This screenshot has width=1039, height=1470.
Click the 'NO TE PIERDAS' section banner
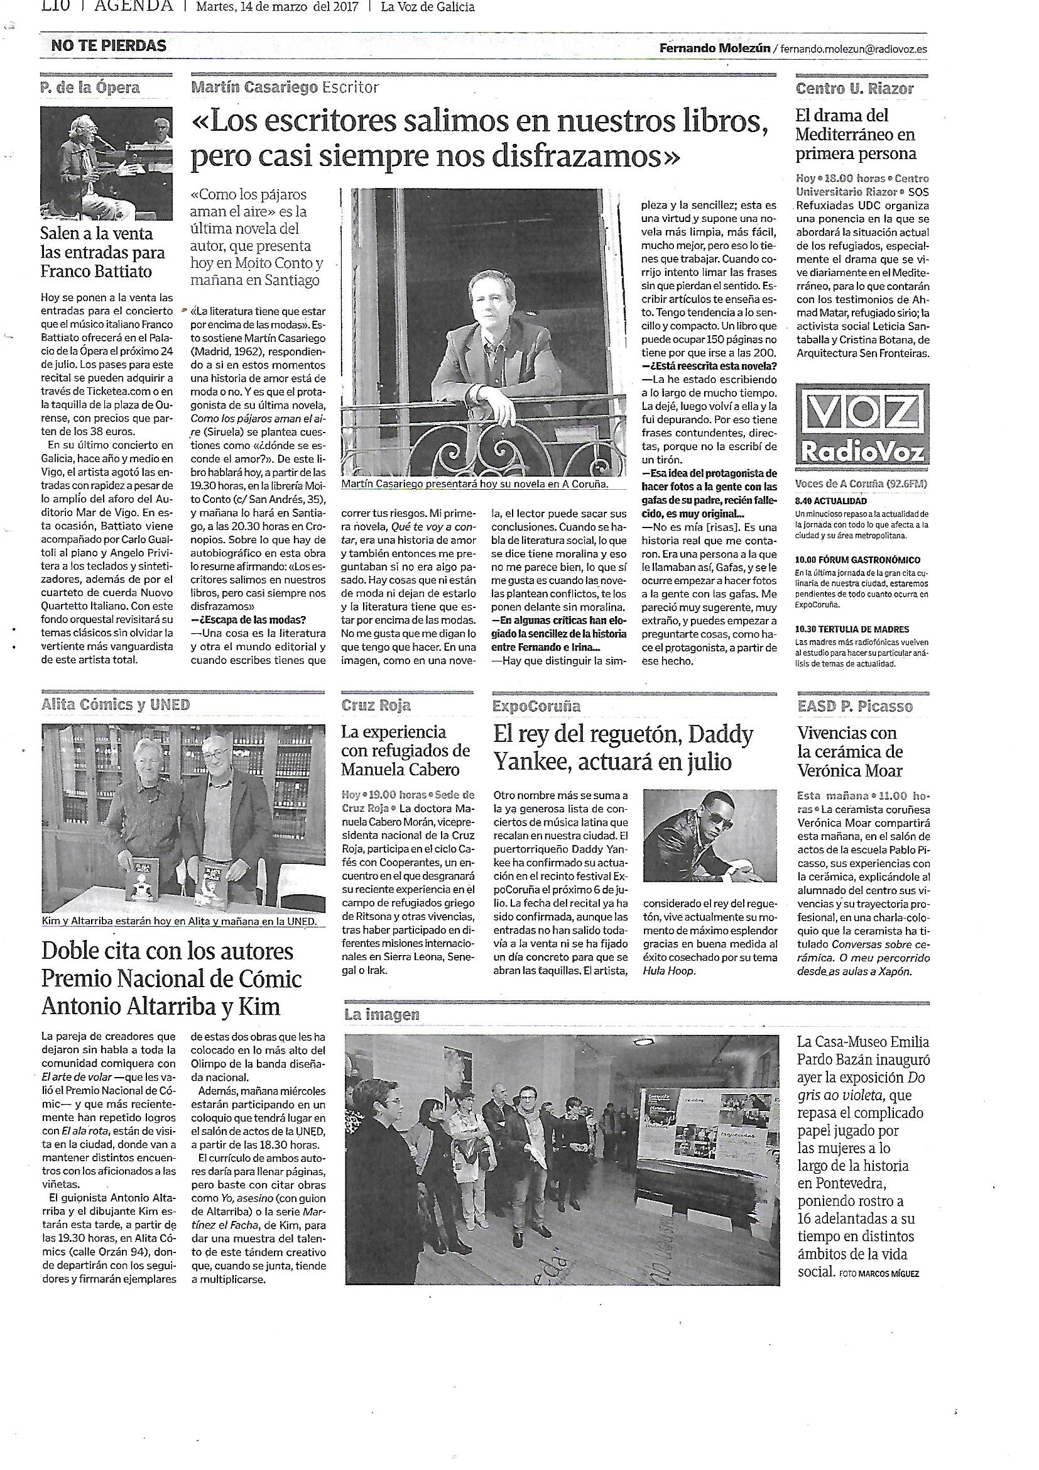tap(109, 46)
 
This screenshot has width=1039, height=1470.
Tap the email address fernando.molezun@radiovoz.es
tap(853, 48)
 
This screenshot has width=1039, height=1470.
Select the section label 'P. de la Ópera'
tap(90, 88)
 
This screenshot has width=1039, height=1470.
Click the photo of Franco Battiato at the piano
tap(106, 163)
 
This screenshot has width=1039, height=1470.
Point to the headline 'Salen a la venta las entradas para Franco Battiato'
tap(103, 252)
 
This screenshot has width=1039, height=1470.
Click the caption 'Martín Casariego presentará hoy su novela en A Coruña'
tap(474, 485)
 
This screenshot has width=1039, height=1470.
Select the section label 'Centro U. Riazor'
tap(854, 89)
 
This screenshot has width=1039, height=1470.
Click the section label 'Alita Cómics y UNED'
tap(116, 705)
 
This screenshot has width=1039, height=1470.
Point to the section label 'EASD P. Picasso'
tap(855, 706)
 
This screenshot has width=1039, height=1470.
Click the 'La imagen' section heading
tap(382, 1014)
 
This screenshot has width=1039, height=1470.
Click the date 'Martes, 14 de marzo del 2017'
tap(277, 8)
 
